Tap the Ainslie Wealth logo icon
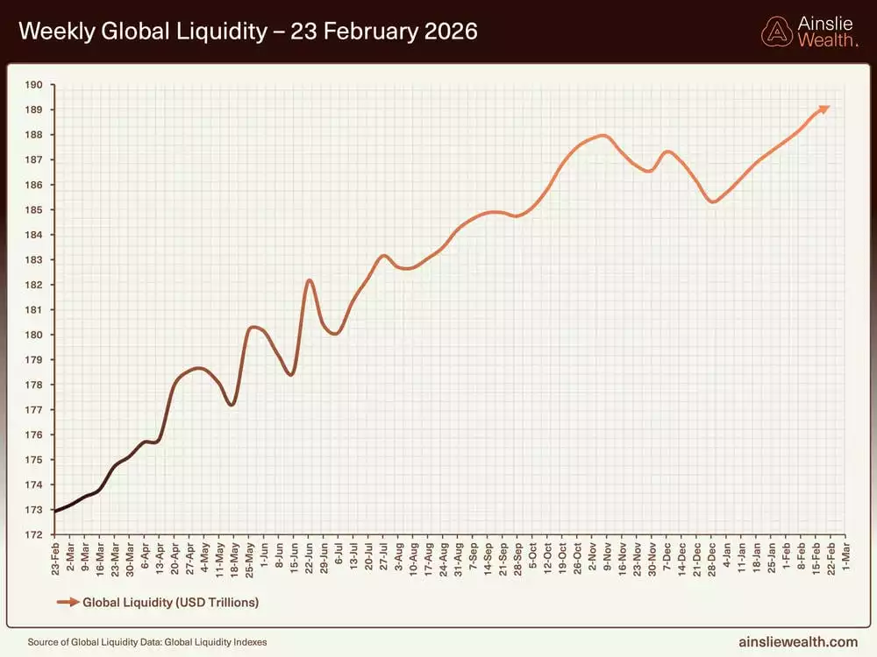coord(776,32)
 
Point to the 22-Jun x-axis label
coord(309,556)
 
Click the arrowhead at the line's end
coord(824,109)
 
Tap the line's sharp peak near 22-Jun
coord(309,280)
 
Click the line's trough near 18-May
coord(232,405)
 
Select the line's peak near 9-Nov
coord(602,136)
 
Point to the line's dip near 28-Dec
coord(713,202)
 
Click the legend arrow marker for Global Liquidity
coord(67,602)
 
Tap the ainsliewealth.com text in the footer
coord(799,642)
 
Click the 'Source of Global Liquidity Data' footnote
coord(147,642)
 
